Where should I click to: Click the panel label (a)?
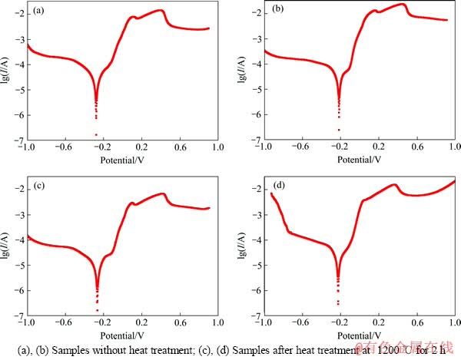[x=39, y=12]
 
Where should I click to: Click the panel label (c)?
[x=39, y=186]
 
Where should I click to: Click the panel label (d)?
[x=278, y=186]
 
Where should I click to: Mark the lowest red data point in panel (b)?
[x=339, y=130]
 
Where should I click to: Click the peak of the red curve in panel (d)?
[x=454, y=181]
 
